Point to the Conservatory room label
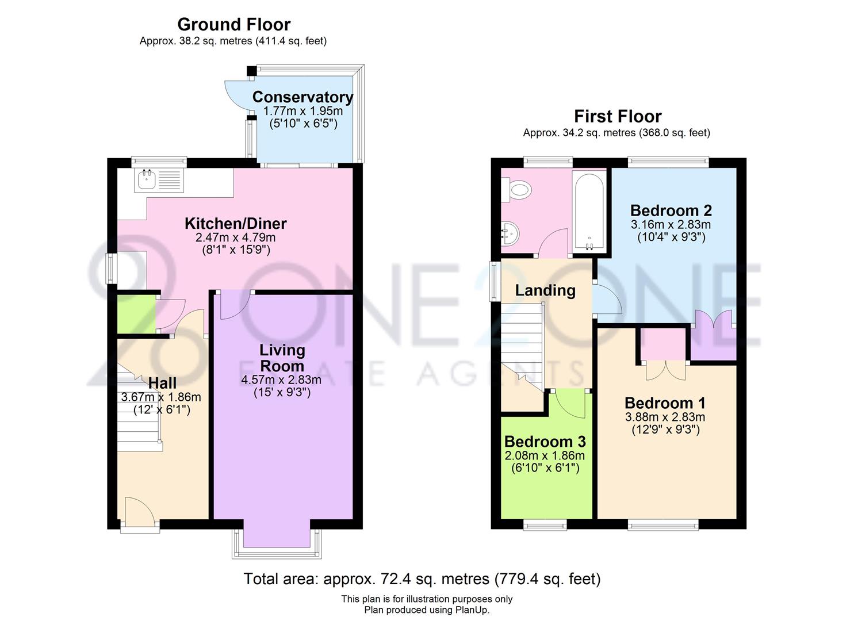click(302, 97)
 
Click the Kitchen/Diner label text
click(235, 223)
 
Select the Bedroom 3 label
click(545, 442)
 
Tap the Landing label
click(545, 290)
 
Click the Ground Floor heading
click(233, 25)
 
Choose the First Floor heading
click(618, 117)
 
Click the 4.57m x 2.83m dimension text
click(281, 380)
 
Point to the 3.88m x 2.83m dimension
click(665, 417)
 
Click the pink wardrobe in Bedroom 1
click(664, 343)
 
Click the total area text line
click(422, 578)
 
